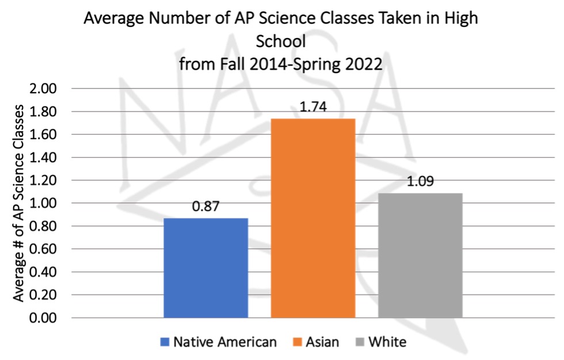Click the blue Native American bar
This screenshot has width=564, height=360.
[x=205, y=267]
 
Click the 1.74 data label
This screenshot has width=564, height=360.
[x=313, y=108]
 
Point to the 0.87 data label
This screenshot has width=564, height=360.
[x=205, y=207]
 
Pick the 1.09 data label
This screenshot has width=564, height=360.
[x=420, y=182]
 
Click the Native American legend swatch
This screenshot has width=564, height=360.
[x=165, y=343]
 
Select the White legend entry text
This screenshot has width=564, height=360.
[x=387, y=343]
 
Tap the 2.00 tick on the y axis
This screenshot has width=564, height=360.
[x=45, y=89]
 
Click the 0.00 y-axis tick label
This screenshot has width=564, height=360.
[x=45, y=318]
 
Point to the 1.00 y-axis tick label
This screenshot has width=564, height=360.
[x=45, y=204]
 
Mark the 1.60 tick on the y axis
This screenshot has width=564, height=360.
[x=45, y=135]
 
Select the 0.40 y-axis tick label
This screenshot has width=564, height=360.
[x=45, y=272]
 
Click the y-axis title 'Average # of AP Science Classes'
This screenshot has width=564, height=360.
[x=20, y=203]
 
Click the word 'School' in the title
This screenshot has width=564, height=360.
[x=281, y=41]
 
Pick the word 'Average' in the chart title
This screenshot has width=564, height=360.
[x=112, y=18]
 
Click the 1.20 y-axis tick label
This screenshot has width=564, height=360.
[x=45, y=181]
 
